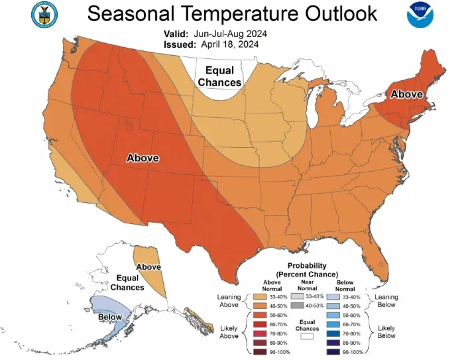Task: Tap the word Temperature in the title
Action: pos(245,13)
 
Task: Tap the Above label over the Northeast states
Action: pos(406,95)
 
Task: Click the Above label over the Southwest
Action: pos(143,158)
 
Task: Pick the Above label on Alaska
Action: pos(148,267)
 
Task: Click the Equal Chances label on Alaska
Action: pos(127,282)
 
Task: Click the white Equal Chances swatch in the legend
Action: pos(307,336)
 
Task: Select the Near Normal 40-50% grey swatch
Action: pos(296,306)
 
